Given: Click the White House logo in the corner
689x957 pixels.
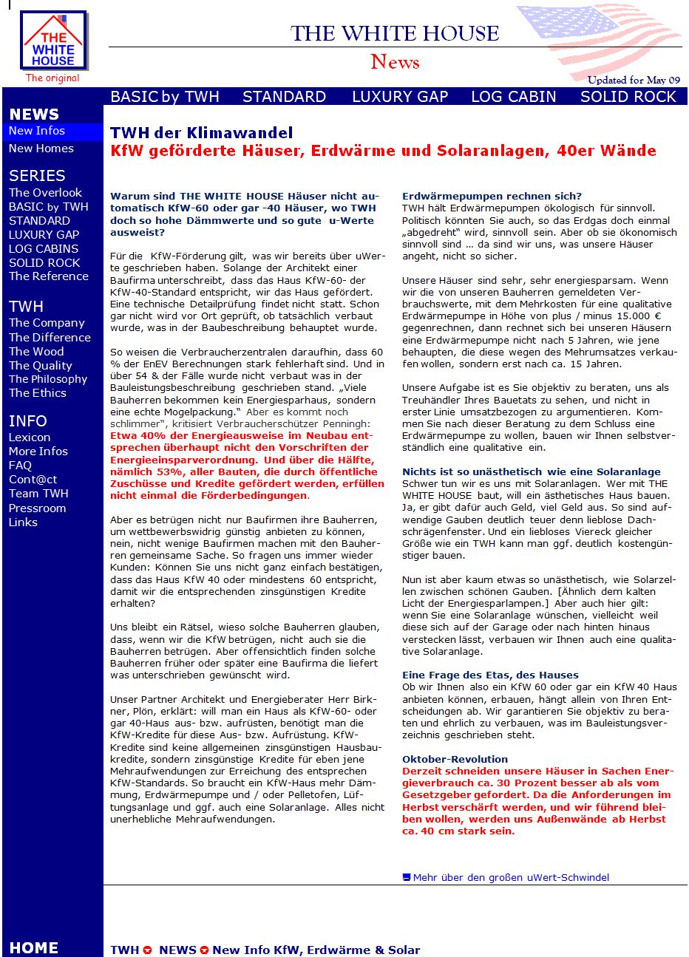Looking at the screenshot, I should pyautogui.click(x=54, y=41).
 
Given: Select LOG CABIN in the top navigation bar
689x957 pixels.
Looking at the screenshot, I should pyautogui.click(x=513, y=97).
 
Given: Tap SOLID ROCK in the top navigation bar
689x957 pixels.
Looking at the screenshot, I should pyautogui.click(x=628, y=97).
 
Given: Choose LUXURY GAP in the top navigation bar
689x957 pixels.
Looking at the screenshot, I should pyautogui.click(x=400, y=97).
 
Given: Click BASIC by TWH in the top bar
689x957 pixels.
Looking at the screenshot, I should pyautogui.click(x=165, y=97).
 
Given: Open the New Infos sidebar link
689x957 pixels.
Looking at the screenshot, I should pyautogui.click(x=37, y=131).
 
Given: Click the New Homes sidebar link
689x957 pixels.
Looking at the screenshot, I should pyautogui.click(x=41, y=149).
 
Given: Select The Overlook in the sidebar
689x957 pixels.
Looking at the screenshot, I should pyautogui.click(x=45, y=193).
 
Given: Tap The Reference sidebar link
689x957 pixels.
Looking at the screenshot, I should pyautogui.click(x=49, y=276).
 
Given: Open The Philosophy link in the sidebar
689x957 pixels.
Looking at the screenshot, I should pyautogui.click(x=48, y=379).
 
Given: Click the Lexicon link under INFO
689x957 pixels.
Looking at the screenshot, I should pyautogui.click(x=30, y=437).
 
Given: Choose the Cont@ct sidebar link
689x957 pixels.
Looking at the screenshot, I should pyautogui.click(x=33, y=480).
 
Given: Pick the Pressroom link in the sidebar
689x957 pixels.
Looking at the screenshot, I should pyautogui.click(x=37, y=508).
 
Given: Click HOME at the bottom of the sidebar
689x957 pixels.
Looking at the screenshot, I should pyautogui.click(x=33, y=948).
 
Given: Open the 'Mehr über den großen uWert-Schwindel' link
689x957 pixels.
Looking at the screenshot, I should pyautogui.click(x=511, y=878).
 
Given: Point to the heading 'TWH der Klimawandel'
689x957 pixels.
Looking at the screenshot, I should pyautogui.click(x=201, y=133).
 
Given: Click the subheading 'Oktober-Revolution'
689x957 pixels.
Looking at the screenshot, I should pyautogui.click(x=455, y=760).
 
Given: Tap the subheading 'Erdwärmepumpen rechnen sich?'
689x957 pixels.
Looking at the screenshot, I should pyautogui.click(x=492, y=197).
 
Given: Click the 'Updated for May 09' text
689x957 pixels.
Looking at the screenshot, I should pyautogui.click(x=634, y=80).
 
